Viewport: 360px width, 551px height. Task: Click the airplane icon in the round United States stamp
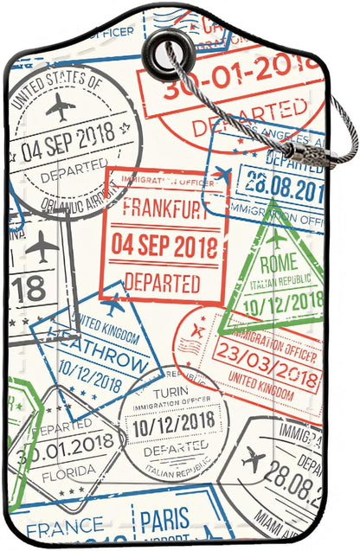click(x=61, y=108)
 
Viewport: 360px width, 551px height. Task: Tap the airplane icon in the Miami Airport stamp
click(x=254, y=458)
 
